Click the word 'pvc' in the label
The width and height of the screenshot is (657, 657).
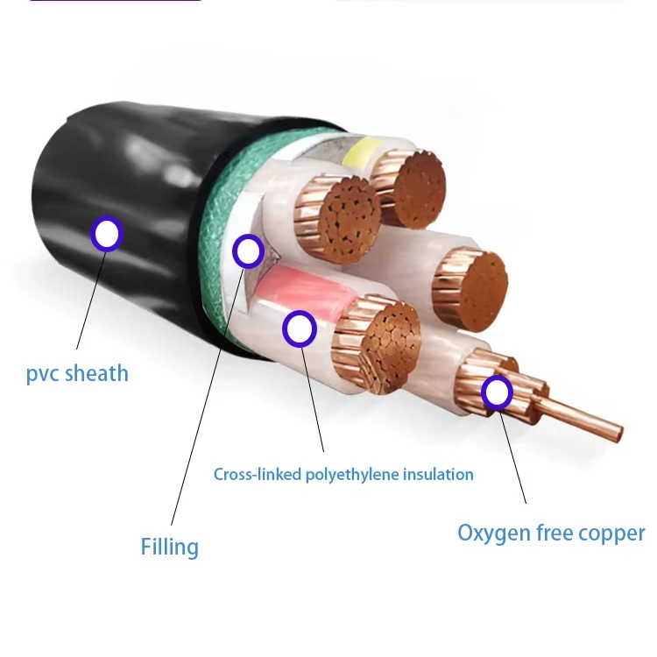(x=42, y=374)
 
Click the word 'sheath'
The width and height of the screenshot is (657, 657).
(x=96, y=372)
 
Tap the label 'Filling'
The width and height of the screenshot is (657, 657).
(x=169, y=547)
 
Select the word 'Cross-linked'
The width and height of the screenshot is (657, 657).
(x=258, y=474)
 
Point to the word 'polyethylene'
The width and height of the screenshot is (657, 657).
(x=351, y=475)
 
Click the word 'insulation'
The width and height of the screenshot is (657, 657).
(x=438, y=474)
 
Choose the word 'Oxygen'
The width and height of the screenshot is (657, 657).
(x=492, y=533)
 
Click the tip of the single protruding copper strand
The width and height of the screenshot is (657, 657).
(x=619, y=434)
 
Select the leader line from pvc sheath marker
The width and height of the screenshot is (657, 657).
(x=92, y=300)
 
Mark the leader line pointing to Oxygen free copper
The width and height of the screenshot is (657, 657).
(x=512, y=457)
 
